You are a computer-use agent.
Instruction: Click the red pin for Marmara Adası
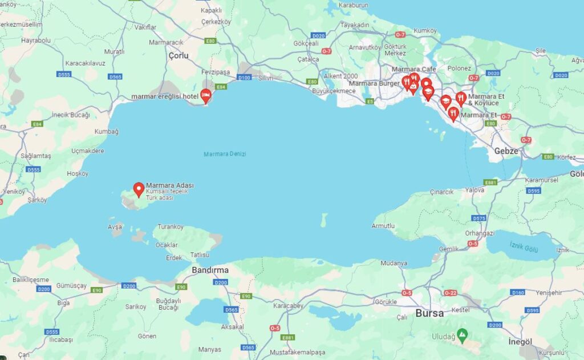139,189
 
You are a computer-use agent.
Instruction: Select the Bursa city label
430,313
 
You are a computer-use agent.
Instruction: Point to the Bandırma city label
210,270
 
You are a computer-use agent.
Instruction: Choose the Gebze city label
506,151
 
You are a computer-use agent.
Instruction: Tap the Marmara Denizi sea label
225,155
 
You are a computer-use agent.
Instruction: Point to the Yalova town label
474,189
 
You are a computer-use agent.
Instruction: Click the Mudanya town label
394,263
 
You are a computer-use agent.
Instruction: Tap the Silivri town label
266,78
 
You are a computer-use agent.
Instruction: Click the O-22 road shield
450,293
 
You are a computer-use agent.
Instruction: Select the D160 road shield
518,293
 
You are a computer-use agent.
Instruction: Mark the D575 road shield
479,219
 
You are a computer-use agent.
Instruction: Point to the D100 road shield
244,77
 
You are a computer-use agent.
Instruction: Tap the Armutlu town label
383,226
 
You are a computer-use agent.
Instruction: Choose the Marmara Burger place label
374,83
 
